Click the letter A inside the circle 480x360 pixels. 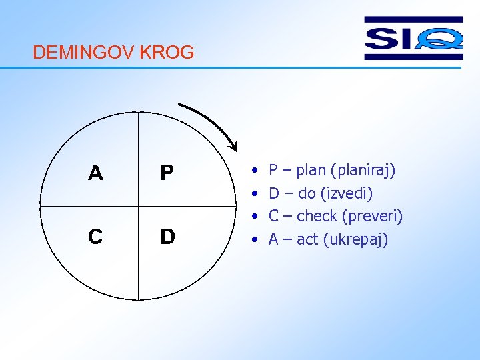[95, 173]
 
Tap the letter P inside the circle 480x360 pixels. [167, 173]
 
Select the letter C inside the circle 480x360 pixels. [95, 237]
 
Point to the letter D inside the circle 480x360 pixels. [167, 237]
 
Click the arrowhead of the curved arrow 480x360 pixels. [233, 145]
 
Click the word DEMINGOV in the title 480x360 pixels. [84, 53]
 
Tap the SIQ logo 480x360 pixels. [413, 39]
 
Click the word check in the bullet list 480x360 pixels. [317, 217]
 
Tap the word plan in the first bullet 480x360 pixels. [311, 171]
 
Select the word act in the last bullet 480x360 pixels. [307, 239]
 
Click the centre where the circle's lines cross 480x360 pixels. [138, 205]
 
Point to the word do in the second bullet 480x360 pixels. [307, 194]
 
